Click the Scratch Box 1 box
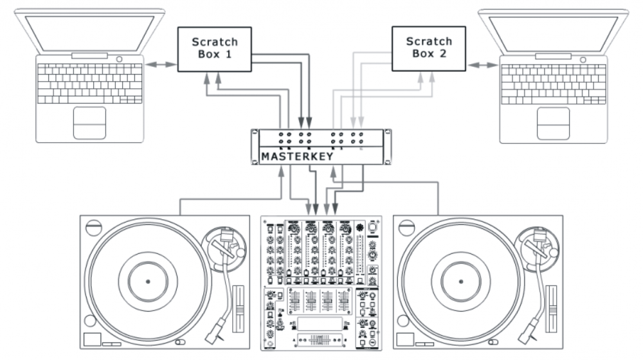(214, 48)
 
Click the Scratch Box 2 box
(428, 48)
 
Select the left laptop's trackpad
(89, 122)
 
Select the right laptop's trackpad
(553, 122)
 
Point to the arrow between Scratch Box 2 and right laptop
(484, 64)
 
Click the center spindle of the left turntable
(147, 282)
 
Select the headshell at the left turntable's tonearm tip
(214, 332)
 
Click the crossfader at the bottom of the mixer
(321, 338)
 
